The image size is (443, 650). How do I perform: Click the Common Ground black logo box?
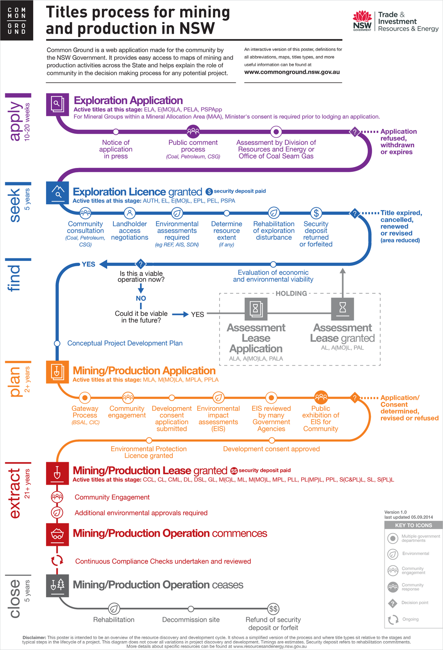16,20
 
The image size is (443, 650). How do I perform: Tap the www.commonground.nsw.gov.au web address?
292,72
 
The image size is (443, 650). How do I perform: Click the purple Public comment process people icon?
193,132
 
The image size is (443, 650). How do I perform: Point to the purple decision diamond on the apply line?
354,132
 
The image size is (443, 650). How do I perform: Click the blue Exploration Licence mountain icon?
58,193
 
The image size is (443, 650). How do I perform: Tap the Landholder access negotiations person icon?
130,213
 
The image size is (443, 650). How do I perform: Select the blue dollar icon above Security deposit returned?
316,213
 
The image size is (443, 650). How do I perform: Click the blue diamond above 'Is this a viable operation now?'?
141,264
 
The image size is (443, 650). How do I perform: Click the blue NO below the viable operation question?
141,298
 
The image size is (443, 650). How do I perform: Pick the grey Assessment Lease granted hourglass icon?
342,309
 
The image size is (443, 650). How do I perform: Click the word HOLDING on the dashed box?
291,293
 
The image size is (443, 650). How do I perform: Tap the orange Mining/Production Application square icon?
58,372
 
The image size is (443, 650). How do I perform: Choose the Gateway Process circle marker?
85,397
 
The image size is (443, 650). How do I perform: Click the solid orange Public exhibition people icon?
321,397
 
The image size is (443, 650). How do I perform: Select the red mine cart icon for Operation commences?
58,534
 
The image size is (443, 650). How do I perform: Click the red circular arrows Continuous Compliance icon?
57,560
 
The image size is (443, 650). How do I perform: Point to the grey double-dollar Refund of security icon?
273,608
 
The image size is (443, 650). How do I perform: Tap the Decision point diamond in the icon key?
392,603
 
